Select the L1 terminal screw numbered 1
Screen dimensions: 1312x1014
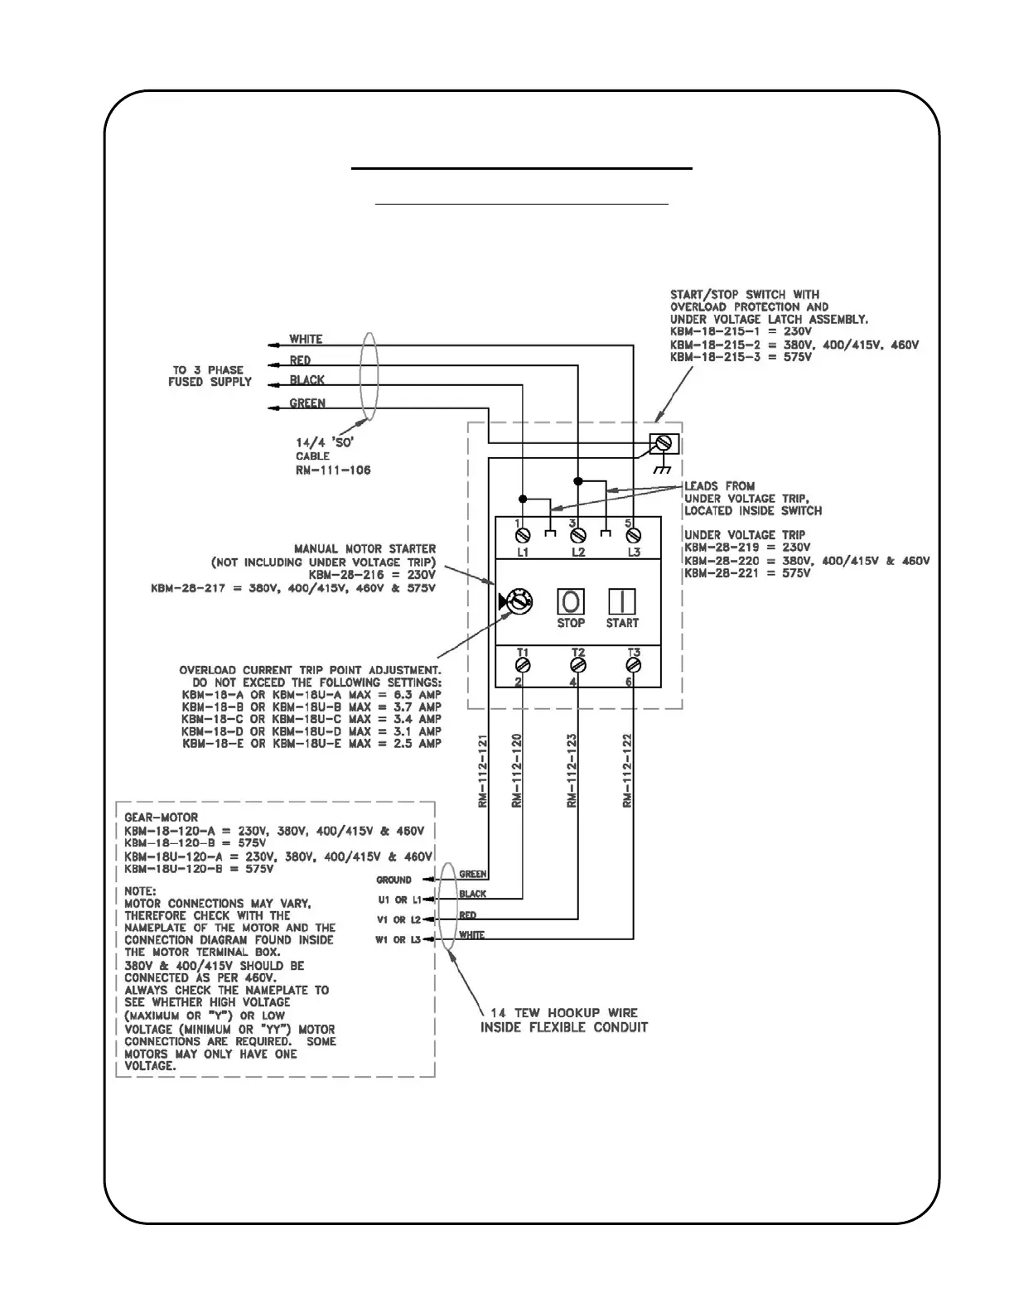pyautogui.click(x=523, y=537)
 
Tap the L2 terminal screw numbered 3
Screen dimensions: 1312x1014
pyautogui.click(x=578, y=537)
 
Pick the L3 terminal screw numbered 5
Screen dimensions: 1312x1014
pyautogui.click(x=634, y=537)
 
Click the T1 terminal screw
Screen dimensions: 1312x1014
pyautogui.click(x=523, y=664)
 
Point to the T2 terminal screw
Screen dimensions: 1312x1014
pyautogui.click(x=578, y=664)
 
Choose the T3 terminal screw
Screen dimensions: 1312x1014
pyautogui.click(x=634, y=664)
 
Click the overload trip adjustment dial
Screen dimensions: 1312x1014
pyautogui.click(x=519, y=602)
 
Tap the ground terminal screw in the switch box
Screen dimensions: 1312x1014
pyautogui.click(x=661, y=444)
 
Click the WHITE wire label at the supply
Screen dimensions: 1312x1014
pyautogui.click(x=306, y=340)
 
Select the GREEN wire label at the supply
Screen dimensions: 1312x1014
pyautogui.click(x=307, y=404)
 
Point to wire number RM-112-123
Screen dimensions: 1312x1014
pyautogui.click(x=572, y=770)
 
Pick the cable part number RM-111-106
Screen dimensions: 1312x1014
pyautogui.click(x=334, y=470)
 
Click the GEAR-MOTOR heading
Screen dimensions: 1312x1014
pyautogui.click(x=161, y=818)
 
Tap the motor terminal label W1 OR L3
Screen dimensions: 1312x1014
pyautogui.click(x=399, y=940)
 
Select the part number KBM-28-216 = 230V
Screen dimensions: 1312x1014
pyautogui.click(x=372, y=574)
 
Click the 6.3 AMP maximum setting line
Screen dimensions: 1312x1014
pyautogui.click(x=311, y=695)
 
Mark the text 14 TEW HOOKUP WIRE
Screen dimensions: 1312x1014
pyautogui.click(x=559, y=1013)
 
